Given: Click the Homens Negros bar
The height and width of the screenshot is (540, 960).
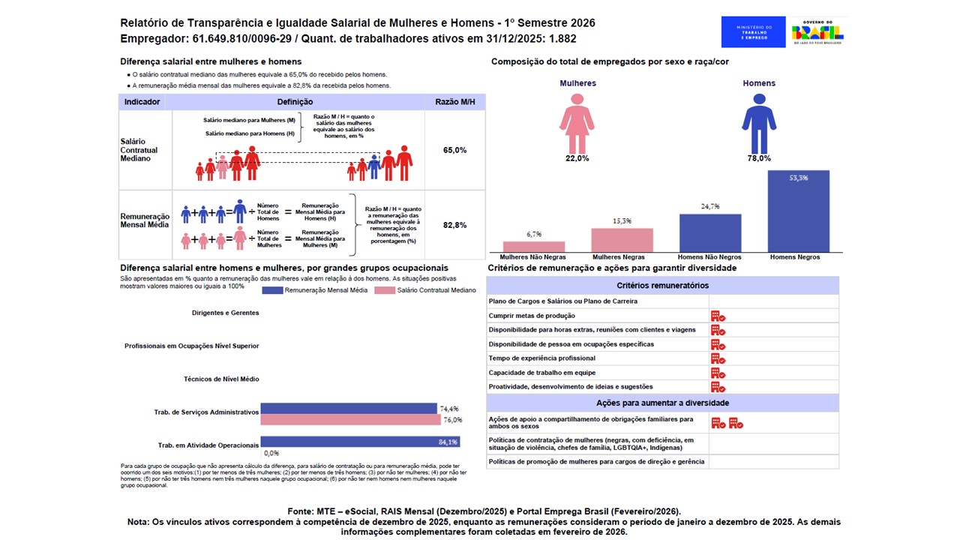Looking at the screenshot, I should click(799, 211).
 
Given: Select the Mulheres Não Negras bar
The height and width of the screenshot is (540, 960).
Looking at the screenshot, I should click(533, 247).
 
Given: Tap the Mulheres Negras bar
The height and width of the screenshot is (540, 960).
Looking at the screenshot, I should click(622, 240).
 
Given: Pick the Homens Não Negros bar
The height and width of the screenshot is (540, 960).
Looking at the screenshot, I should click(710, 233).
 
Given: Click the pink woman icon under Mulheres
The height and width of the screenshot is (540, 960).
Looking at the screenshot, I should click(577, 123).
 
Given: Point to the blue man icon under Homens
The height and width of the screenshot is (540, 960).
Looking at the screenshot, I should click(759, 123).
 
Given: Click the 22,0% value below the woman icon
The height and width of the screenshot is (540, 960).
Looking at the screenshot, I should click(577, 158).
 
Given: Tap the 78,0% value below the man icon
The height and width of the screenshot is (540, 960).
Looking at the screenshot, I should click(759, 158).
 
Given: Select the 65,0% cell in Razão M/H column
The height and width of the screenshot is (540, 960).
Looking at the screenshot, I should click(454, 150).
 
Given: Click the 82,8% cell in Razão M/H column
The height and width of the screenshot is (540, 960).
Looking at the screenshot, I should click(454, 225).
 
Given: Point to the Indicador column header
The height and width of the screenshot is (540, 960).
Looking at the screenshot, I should click(142, 102).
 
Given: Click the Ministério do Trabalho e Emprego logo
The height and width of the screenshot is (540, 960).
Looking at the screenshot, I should click(753, 32).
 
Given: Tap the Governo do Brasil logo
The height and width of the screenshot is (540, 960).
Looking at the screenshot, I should click(817, 32).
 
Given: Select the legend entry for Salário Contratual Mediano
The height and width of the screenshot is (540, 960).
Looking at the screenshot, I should click(424, 290).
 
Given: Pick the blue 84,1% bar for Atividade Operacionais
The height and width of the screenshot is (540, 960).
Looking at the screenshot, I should click(360, 442).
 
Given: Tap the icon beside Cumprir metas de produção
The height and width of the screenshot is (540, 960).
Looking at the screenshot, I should click(718, 316).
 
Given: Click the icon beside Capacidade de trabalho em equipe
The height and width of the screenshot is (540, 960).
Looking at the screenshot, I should click(718, 373).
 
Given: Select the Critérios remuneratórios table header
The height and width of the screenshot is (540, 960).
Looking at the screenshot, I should click(662, 286).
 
